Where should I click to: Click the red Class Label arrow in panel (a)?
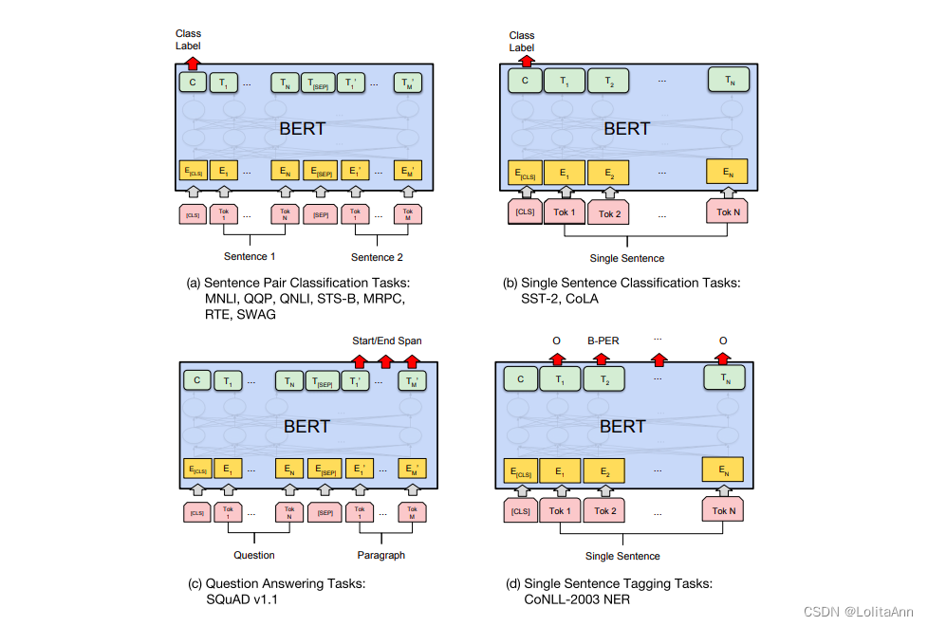[x=193, y=63]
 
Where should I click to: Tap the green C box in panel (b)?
[x=524, y=82]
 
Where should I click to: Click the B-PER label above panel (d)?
[x=603, y=340]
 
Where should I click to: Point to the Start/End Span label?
[x=386, y=341]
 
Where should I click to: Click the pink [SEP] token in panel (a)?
[x=320, y=214]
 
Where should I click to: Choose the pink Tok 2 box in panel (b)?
[x=608, y=213]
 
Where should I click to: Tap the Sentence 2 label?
[x=377, y=257]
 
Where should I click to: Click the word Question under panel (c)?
[x=254, y=555]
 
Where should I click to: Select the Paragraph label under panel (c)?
[x=380, y=555]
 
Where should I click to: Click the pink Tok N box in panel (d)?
[x=724, y=511]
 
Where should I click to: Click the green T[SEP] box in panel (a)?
[x=320, y=83]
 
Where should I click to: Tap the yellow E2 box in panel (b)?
[x=608, y=174]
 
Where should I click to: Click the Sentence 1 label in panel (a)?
[x=250, y=257]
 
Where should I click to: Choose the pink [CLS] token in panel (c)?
[x=197, y=512]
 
